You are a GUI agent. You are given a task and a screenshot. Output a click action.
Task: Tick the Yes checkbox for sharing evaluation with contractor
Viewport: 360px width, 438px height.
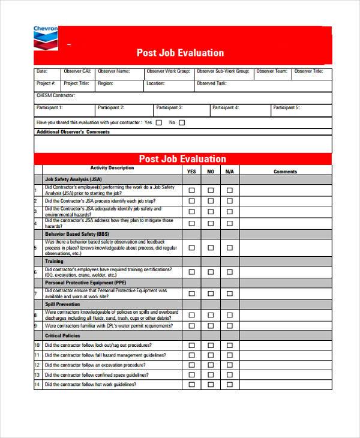click(x=159, y=122)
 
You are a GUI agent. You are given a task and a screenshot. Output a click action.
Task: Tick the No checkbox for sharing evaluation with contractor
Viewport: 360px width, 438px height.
click(x=182, y=122)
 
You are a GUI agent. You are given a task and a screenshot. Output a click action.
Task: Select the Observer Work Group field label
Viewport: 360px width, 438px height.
click(x=168, y=71)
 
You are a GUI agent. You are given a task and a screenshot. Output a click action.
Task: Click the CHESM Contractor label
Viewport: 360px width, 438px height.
click(x=56, y=95)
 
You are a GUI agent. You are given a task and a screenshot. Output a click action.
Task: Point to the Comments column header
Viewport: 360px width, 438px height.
click(x=285, y=172)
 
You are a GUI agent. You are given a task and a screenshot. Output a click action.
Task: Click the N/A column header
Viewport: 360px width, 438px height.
click(x=229, y=172)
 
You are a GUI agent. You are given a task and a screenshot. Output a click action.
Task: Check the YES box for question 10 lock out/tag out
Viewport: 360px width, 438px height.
click(x=192, y=346)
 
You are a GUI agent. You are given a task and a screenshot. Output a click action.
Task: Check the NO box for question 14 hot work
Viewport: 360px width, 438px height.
click(x=211, y=384)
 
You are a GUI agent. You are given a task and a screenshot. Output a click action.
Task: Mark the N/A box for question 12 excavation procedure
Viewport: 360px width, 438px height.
click(x=229, y=365)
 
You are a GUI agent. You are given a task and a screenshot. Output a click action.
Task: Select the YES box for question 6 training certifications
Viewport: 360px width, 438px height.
click(x=192, y=272)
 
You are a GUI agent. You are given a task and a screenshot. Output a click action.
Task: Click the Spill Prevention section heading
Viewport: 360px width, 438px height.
click(x=62, y=304)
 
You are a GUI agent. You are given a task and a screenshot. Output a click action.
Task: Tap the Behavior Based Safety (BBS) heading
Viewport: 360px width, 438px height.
click(x=77, y=233)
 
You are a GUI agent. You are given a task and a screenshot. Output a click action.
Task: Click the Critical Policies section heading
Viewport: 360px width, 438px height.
click(x=62, y=335)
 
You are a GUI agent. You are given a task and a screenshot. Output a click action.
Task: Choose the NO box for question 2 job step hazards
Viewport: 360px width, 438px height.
click(x=211, y=201)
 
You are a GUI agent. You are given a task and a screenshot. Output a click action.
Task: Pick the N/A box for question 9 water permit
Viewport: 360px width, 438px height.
click(x=229, y=326)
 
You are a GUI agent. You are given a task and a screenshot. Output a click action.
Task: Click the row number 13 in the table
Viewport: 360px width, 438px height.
click(x=37, y=374)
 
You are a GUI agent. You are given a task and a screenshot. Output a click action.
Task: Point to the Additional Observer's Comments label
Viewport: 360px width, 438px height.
click(x=73, y=132)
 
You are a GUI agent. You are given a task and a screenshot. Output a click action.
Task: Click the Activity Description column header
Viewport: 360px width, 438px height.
click(x=112, y=168)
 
